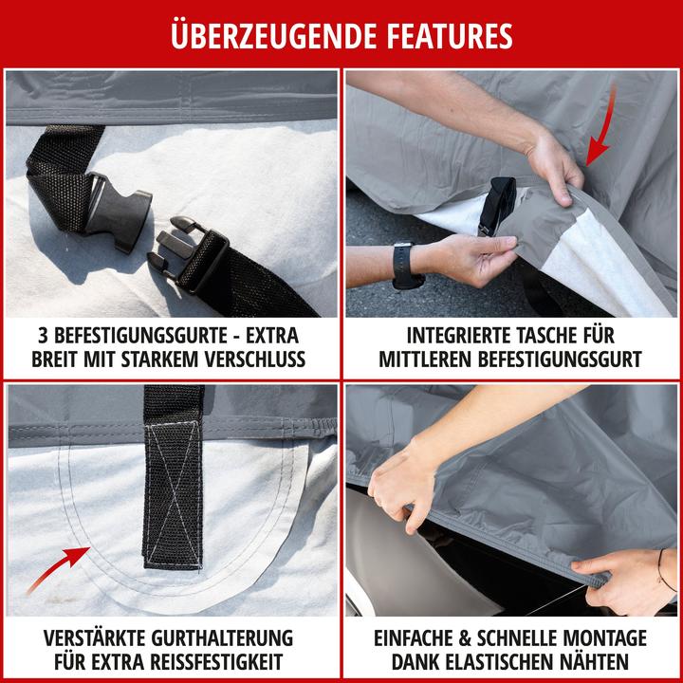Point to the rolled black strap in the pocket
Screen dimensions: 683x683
pyautogui.click(x=497, y=205)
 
